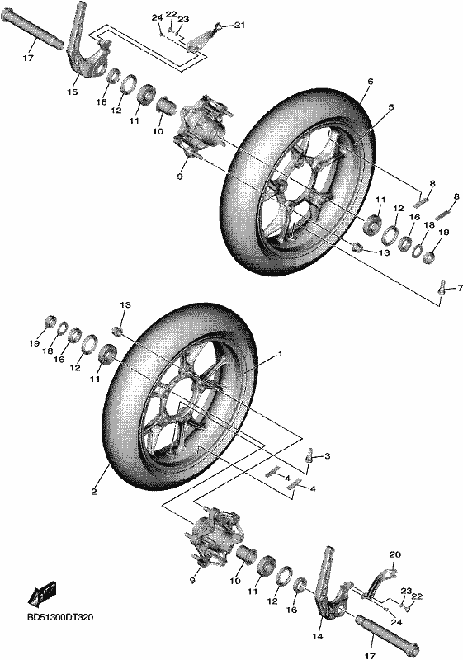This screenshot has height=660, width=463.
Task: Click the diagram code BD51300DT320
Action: pyautogui.click(x=59, y=617)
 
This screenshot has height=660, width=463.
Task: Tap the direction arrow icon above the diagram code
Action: pyautogui.click(x=41, y=593)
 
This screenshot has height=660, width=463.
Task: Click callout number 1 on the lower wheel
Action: pyautogui.click(x=280, y=355)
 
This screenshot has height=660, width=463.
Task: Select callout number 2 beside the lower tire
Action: pyautogui.click(x=94, y=491)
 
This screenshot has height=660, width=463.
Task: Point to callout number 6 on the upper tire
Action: pyautogui.click(x=371, y=82)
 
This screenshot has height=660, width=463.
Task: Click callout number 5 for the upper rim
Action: pyautogui.click(x=391, y=108)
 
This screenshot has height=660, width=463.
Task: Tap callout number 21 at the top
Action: pyautogui.click(x=239, y=26)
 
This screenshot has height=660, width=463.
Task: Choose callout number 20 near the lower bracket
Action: pyautogui.click(x=395, y=554)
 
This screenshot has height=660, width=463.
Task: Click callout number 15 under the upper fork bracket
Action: pyautogui.click(x=73, y=92)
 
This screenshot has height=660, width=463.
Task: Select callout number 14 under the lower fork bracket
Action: pyautogui.click(x=318, y=636)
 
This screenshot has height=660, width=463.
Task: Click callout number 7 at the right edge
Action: pyautogui.click(x=460, y=288)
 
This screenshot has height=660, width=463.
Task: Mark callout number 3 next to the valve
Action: pyautogui.click(x=328, y=456)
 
